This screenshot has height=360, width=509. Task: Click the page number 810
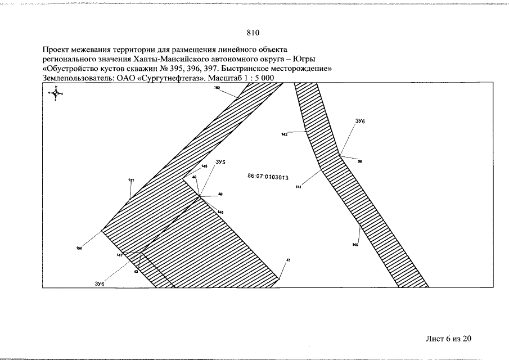point(253,33)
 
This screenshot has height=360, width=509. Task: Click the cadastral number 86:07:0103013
point(268,177)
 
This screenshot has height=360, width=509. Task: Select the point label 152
point(217,88)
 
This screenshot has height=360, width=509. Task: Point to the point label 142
point(284,135)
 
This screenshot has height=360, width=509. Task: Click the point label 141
point(298,187)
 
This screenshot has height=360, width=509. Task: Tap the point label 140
point(355,245)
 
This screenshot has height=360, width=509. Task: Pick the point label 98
point(359,161)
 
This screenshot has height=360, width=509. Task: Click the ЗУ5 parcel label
point(220,162)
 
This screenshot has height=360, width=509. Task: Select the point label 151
point(131,180)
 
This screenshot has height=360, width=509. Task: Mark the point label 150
point(79,248)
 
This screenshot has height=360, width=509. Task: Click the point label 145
point(204,166)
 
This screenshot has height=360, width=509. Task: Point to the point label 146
point(220,212)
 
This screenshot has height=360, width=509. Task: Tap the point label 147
point(120,255)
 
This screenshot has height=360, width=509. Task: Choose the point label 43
point(136,272)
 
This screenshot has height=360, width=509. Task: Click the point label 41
point(288,260)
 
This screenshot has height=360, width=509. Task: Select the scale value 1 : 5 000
point(256,78)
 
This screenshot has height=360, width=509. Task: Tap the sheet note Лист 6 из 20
point(448,339)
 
